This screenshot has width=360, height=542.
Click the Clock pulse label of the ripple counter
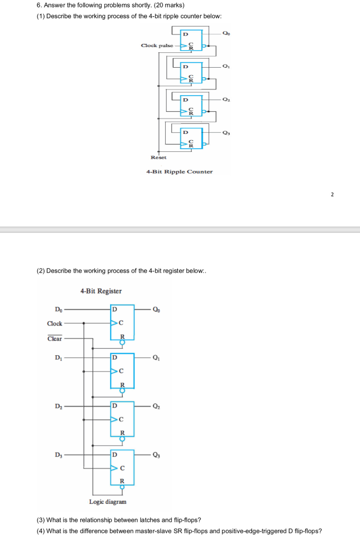(157, 46)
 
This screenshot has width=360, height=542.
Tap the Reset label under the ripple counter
(158, 157)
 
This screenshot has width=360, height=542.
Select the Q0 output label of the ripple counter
(227, 33)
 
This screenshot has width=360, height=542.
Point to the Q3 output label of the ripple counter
(227, 133)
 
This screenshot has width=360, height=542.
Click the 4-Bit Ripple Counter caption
(179, 171)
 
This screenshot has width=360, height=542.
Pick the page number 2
(332, 195)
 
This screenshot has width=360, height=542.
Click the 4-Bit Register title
(101, 291)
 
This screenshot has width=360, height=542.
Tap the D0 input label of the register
(58, 309)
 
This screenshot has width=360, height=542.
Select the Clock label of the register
(55, 323)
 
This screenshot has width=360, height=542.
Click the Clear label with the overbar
(55, 339)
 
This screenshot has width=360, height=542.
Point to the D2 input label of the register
(58, 406)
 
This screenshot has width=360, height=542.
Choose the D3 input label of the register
(58, 454)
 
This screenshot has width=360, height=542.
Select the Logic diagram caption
(107, 501)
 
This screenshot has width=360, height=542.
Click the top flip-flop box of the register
(122, 322)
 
